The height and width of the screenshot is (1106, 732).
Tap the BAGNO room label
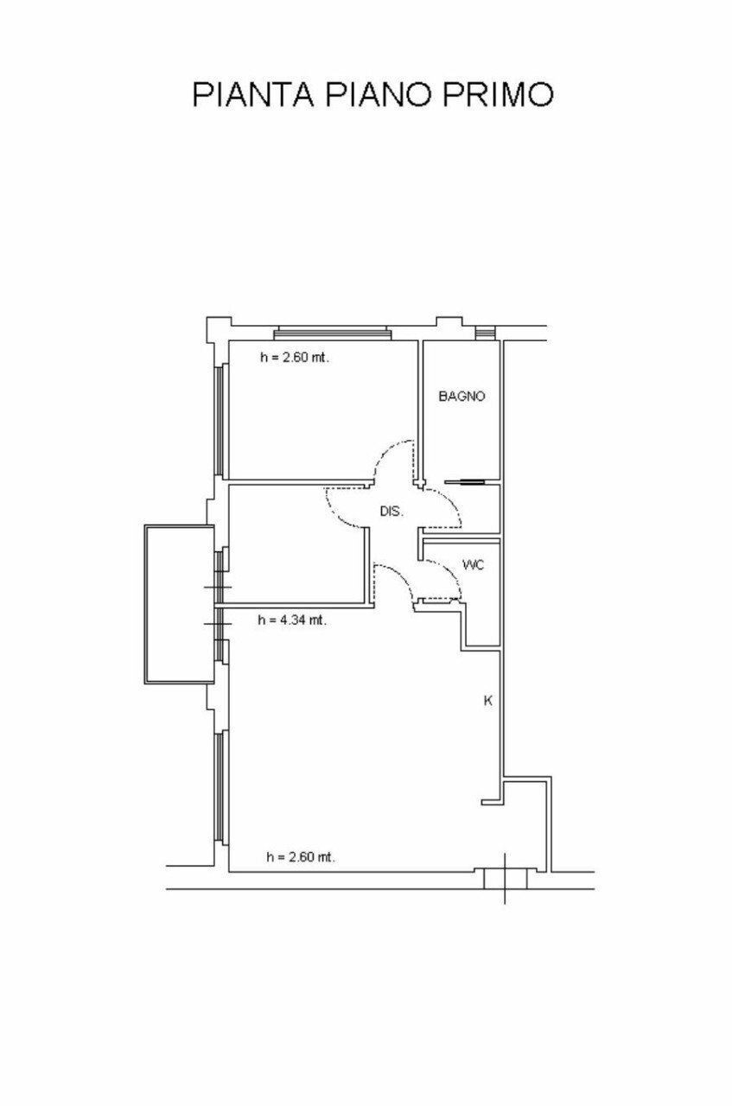click(461, 397)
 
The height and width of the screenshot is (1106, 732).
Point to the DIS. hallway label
click(391, 512)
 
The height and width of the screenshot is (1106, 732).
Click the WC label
click(473, 565)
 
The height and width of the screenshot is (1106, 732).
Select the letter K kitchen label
click(487, 702)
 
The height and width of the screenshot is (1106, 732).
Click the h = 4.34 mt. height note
click(292, 620)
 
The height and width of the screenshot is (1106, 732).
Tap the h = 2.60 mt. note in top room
click(295, 357)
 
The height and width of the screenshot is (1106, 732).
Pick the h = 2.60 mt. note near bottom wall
click(301, 857)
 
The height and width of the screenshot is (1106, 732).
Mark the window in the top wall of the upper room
click(333, 334)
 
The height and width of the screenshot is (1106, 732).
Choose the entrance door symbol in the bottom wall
click(505, 879)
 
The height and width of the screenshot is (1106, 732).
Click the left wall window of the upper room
click(220, 420)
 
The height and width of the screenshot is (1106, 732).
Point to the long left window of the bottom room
click(220, 786)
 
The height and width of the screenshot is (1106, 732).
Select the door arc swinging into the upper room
click(393, 456)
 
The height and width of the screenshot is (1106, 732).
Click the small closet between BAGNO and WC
click(480, 510)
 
